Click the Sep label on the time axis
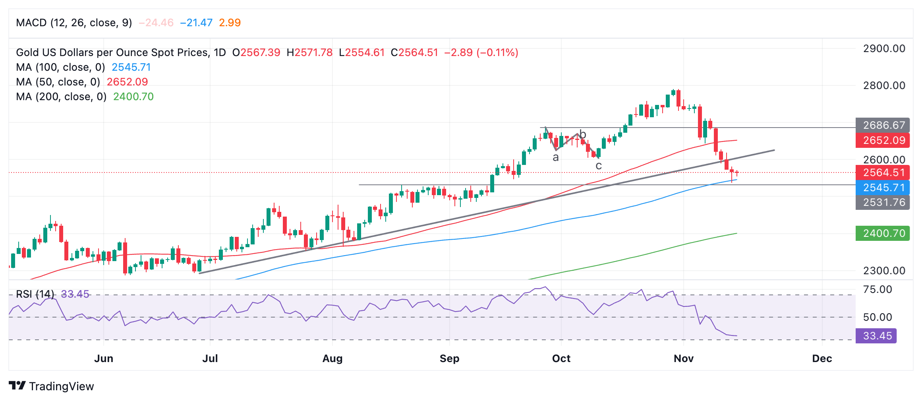pos(449,358)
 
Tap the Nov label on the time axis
pos(683,358)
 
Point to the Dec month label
pos(822,358)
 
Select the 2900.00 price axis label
pos(884,49)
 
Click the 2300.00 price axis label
pos(884,271)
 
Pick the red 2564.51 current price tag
pos(883,172)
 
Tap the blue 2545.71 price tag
pos(883,188)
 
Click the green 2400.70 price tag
pos(883,233)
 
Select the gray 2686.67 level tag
pos(883,125)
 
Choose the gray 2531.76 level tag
pos(883,202)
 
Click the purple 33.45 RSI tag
pos(876,336)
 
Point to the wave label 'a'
pos(556,158)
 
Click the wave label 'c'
pos(599,166)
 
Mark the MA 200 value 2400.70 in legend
pos(133,97)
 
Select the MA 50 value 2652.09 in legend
pos(127,82)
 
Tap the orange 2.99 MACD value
pos(230,23)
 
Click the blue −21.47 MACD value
pos(196,23)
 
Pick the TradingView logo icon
pos(17,386)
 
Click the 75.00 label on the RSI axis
pos(878,289)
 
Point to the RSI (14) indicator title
pos(35,294)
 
